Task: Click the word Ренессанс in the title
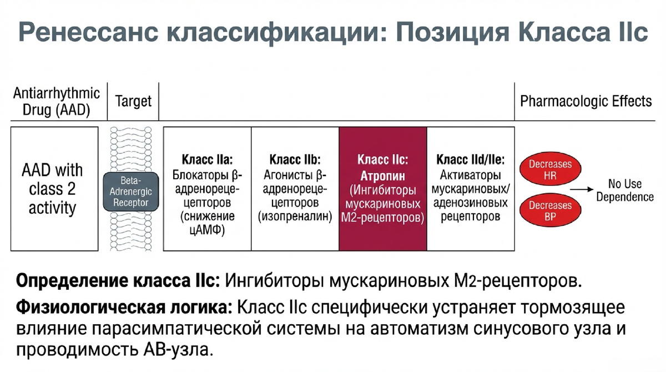[88, 32]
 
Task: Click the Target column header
[133, 101]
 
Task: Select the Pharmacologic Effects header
[586, 101]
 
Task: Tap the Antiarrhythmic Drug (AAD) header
[57, 102]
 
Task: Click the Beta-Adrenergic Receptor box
[131, 192]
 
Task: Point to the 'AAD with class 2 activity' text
[52, 189]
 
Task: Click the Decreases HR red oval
[550, 169]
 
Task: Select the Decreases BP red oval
[550, 210]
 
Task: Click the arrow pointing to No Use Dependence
[582, 189]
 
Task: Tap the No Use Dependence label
[625, 190]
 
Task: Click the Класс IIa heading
[207, 160]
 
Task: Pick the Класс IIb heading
[295, 160]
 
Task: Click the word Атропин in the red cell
[382, 176]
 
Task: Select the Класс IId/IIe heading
[471, 160]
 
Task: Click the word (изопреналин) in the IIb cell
[295, 217]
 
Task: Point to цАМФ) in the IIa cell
[207, 230]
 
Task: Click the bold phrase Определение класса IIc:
[118, 281]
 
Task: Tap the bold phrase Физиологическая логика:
[124, 308]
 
